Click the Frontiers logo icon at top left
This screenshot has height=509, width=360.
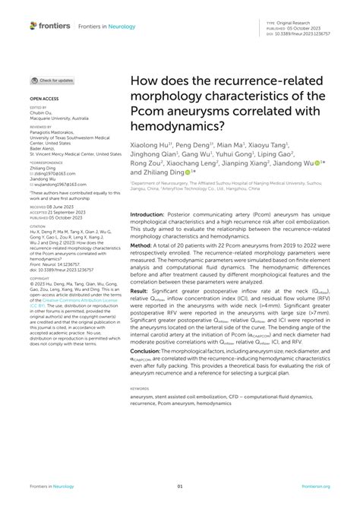34,26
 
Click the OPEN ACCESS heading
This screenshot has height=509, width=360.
44,100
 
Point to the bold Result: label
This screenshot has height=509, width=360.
141,291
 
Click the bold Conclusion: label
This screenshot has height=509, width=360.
147,352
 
